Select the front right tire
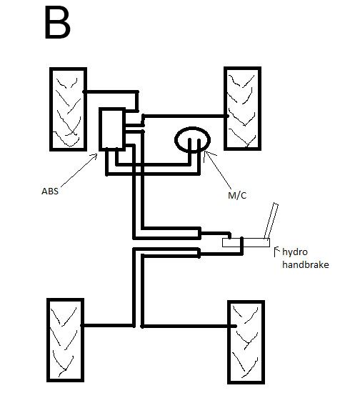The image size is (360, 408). click(245, 108)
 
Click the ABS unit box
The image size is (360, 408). click(112, 129)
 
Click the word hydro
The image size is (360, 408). click(296, 252)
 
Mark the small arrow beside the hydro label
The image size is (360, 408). click(277, 249)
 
